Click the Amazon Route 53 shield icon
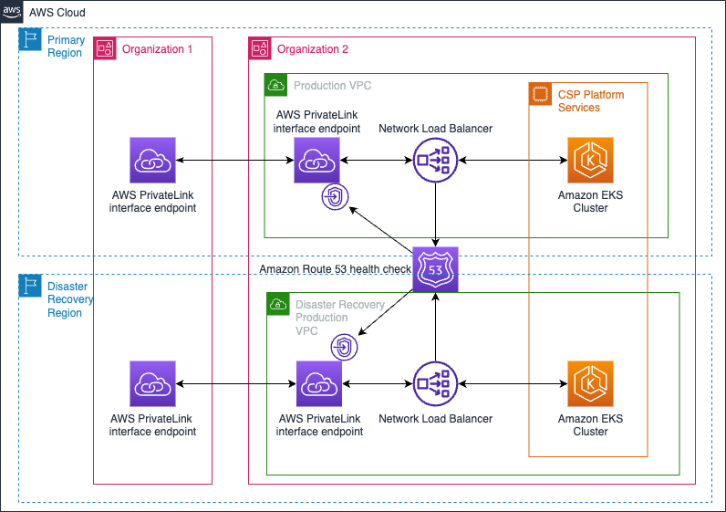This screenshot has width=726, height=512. pos(435,269)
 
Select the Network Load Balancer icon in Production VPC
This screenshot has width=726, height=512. pos(436,161)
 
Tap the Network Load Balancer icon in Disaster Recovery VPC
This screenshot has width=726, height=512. pos(436,384)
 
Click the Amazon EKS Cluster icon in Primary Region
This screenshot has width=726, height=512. pos(590,161)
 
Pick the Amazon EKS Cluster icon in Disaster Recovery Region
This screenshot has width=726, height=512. pos(590,384)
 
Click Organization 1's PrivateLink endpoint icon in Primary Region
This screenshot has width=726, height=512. pos(152,161)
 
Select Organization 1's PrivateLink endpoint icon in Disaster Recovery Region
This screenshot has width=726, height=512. pos(152,384)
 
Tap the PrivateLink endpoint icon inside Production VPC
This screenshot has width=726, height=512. pos(316,161)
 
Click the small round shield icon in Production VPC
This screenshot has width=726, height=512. pos(334,197)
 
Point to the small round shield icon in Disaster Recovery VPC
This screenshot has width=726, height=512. pos(344,347)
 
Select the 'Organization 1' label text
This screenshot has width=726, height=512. pos(157,49)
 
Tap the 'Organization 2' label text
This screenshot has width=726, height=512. pos(313,49)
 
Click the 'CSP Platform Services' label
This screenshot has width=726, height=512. pos(591,101)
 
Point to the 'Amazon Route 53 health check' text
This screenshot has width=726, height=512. pos(335,268)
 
